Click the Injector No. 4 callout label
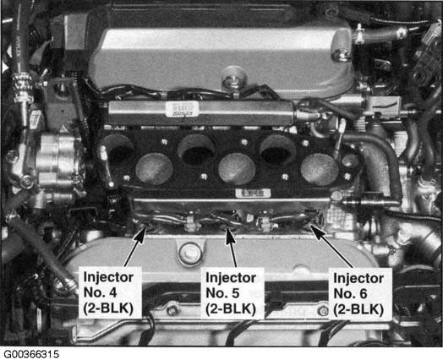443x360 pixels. (109, 292)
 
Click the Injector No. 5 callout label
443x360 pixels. (232, 293)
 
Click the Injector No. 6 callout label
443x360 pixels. (359, 294)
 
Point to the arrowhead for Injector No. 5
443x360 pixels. (230, 237)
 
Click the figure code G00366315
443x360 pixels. (31, 354)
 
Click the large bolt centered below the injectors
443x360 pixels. (189, 254)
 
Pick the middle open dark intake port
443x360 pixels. (196, 150)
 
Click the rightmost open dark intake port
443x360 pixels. (277, 149)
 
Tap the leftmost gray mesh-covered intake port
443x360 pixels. (154, 168)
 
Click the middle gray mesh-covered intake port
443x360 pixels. (237, 169)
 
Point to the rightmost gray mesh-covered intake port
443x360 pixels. (320, 168)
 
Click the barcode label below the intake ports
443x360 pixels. (253, 194)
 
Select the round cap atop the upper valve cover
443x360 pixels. (233, 76)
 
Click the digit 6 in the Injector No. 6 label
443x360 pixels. (364, 294)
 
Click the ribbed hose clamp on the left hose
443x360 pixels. (23, 85)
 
